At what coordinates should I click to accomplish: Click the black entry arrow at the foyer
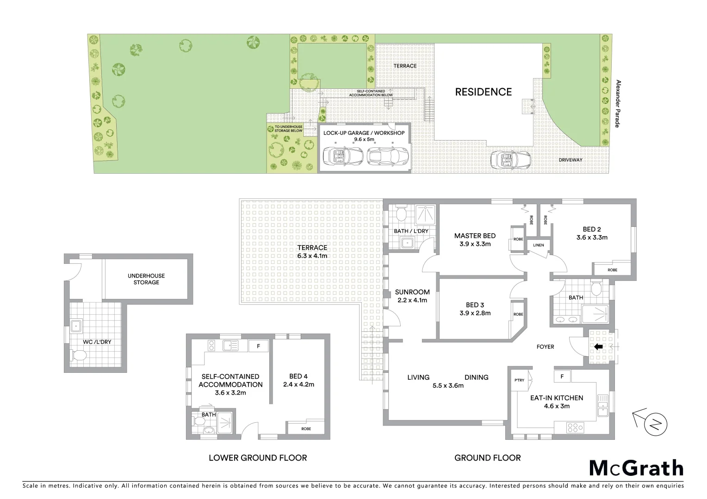598,347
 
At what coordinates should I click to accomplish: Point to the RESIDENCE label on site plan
483,92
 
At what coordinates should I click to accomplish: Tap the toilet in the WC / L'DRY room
79,356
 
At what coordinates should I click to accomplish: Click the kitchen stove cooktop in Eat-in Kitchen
575,428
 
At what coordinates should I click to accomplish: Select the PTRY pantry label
519,380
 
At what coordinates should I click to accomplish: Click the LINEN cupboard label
538,245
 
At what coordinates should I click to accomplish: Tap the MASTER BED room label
475,236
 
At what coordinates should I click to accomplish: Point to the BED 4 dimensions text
298,384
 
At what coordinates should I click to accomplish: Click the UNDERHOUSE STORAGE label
146,279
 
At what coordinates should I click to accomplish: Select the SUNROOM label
412,292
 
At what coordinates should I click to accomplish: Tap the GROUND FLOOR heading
487,458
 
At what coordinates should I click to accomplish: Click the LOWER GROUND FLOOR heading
258,458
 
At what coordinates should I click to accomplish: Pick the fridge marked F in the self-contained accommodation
258,345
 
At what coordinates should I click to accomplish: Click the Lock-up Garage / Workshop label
364,133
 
